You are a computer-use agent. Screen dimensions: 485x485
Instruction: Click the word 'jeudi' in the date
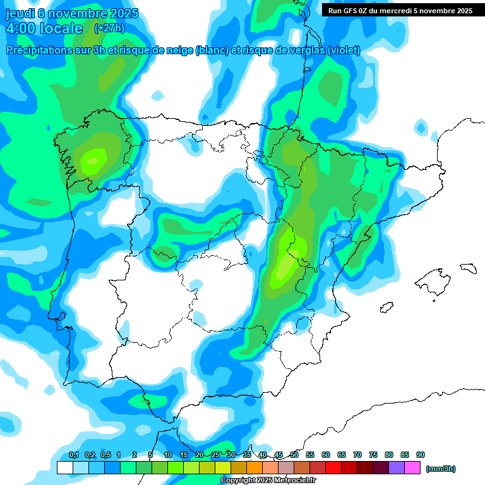point(18,13)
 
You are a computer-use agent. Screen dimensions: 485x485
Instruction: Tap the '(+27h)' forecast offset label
point(109,28)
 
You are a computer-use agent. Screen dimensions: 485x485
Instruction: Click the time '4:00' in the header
point(20,28)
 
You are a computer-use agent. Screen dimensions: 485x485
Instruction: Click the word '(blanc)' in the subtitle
point(212,51)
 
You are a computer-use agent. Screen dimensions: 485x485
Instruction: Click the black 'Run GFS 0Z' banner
point(400,10)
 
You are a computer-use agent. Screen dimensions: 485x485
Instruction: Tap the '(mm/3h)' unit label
point(440,469)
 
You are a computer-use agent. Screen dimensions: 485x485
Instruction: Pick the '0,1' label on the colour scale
point(73,455)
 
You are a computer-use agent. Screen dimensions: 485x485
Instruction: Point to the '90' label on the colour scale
point(421,455)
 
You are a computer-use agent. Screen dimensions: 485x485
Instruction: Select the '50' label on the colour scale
point(294,455)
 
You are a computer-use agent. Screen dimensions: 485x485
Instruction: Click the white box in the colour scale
point(65,468)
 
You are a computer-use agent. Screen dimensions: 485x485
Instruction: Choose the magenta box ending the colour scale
point(412,468)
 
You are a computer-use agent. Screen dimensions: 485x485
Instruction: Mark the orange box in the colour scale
point(254,468)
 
